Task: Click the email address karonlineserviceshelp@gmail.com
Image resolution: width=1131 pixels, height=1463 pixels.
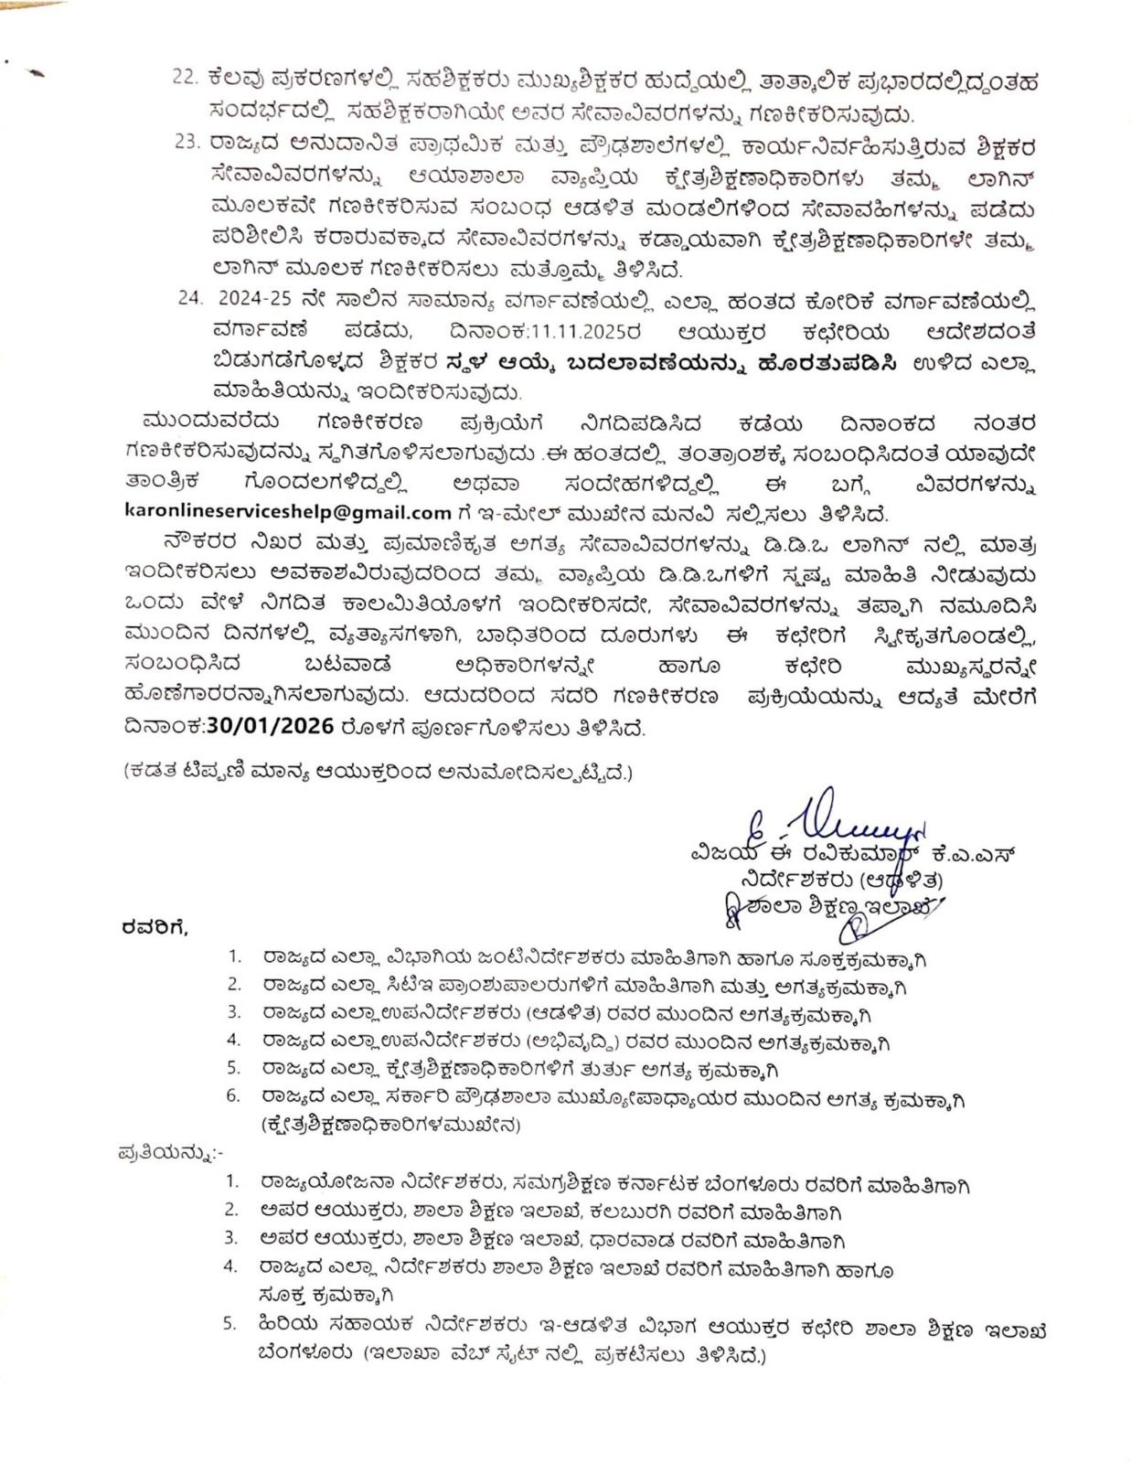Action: (x=288, y=513)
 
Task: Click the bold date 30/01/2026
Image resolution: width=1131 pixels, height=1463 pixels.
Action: (x=272, y=727)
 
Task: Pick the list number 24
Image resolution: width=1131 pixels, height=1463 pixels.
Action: (x=189, y=299)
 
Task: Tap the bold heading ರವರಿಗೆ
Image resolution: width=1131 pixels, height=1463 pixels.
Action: (x=155, y=928)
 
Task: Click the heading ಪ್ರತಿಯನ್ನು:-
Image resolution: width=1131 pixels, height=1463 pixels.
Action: (x=171, y=1154)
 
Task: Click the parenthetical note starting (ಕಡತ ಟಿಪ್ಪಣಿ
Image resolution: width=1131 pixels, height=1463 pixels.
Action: (x=378, y=772)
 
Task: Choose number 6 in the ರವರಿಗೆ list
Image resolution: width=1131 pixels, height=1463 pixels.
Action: (x=234, y=1096)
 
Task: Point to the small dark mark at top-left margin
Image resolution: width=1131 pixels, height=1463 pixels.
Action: (x=36, y=75)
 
